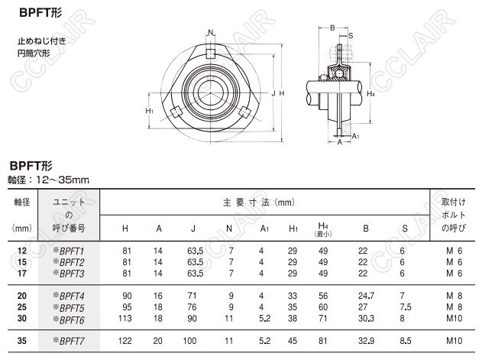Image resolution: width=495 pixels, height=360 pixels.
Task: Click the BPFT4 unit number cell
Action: tap(69, 297)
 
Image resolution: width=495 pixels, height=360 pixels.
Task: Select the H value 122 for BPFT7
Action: tap(125, 341)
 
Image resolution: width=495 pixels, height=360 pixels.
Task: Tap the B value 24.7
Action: tap(366, 296)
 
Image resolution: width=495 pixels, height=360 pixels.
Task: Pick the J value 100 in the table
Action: tap(189, 341)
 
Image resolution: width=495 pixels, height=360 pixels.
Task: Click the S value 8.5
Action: tap(406, 341)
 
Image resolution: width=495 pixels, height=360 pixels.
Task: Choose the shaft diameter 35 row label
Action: tap(22, 341)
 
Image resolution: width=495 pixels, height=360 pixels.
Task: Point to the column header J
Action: tap(193, 229)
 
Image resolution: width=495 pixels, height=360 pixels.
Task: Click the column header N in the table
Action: tap(229, 229)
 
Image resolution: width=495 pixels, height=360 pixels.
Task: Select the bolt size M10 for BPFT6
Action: tap(455, 318)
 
